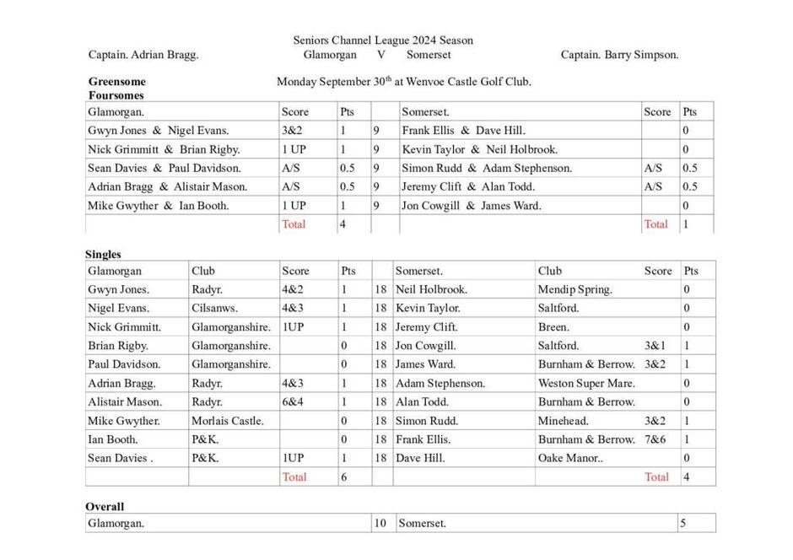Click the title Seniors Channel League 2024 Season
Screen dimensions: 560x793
[383, 40]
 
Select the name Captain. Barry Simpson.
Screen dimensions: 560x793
[619, 55]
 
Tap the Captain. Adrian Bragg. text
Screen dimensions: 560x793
[143, 55]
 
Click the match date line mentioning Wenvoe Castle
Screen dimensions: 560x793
[403, 82]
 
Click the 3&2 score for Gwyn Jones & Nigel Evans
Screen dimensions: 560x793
[291, 131]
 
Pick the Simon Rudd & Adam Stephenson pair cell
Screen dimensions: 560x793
[486, 168]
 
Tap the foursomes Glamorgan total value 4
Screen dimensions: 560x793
[343, 224]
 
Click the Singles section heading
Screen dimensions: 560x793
[103, 254]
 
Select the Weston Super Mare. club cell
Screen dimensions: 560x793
[586, 383]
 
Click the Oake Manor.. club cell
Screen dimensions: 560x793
[570, 458]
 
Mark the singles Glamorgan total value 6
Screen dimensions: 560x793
[343, 477]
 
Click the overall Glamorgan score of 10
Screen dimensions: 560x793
[380, 523]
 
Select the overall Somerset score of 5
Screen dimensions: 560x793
[682, 523]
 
